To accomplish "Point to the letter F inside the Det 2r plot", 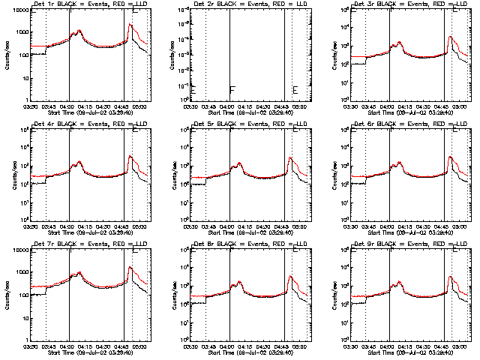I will point(232,90).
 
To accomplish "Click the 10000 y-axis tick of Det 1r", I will point(16,10).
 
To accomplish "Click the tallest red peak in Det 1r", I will point(130,25).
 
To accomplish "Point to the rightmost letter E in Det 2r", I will point(295,90).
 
